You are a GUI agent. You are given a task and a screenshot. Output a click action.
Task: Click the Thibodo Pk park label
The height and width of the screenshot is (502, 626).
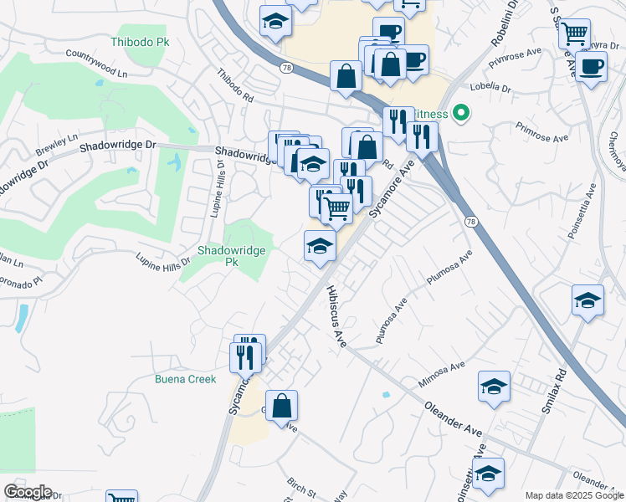point(139,41)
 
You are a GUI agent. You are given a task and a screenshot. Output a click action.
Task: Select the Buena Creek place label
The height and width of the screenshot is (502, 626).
point(185,379)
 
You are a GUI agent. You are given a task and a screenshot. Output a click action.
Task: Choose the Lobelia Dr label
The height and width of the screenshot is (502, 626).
point(490,87)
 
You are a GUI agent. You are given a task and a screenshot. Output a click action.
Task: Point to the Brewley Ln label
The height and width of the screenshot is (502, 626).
point(56,144)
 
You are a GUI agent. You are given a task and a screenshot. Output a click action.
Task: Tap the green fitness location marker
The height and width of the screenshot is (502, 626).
point(459,113)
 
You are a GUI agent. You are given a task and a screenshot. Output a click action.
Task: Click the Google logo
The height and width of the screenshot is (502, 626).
point(28,492)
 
